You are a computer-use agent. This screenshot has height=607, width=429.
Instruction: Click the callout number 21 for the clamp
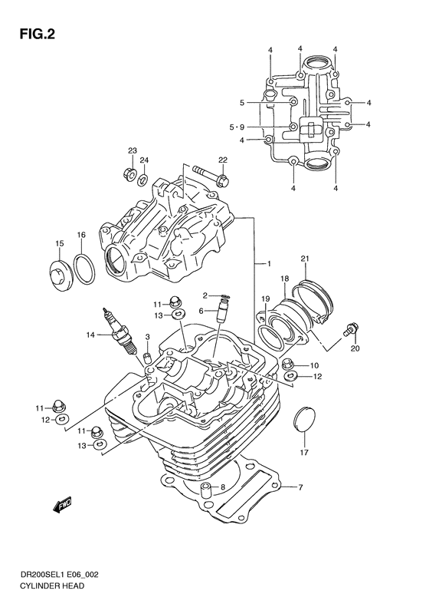tap(304, 257)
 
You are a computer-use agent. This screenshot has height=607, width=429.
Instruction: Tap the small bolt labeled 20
tap(352, 330)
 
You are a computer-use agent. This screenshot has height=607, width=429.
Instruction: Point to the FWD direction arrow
tap(62, 506)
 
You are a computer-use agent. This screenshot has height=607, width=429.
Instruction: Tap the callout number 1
tap(268, 264)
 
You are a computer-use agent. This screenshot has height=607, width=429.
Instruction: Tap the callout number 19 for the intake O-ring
tap(266, 299)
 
